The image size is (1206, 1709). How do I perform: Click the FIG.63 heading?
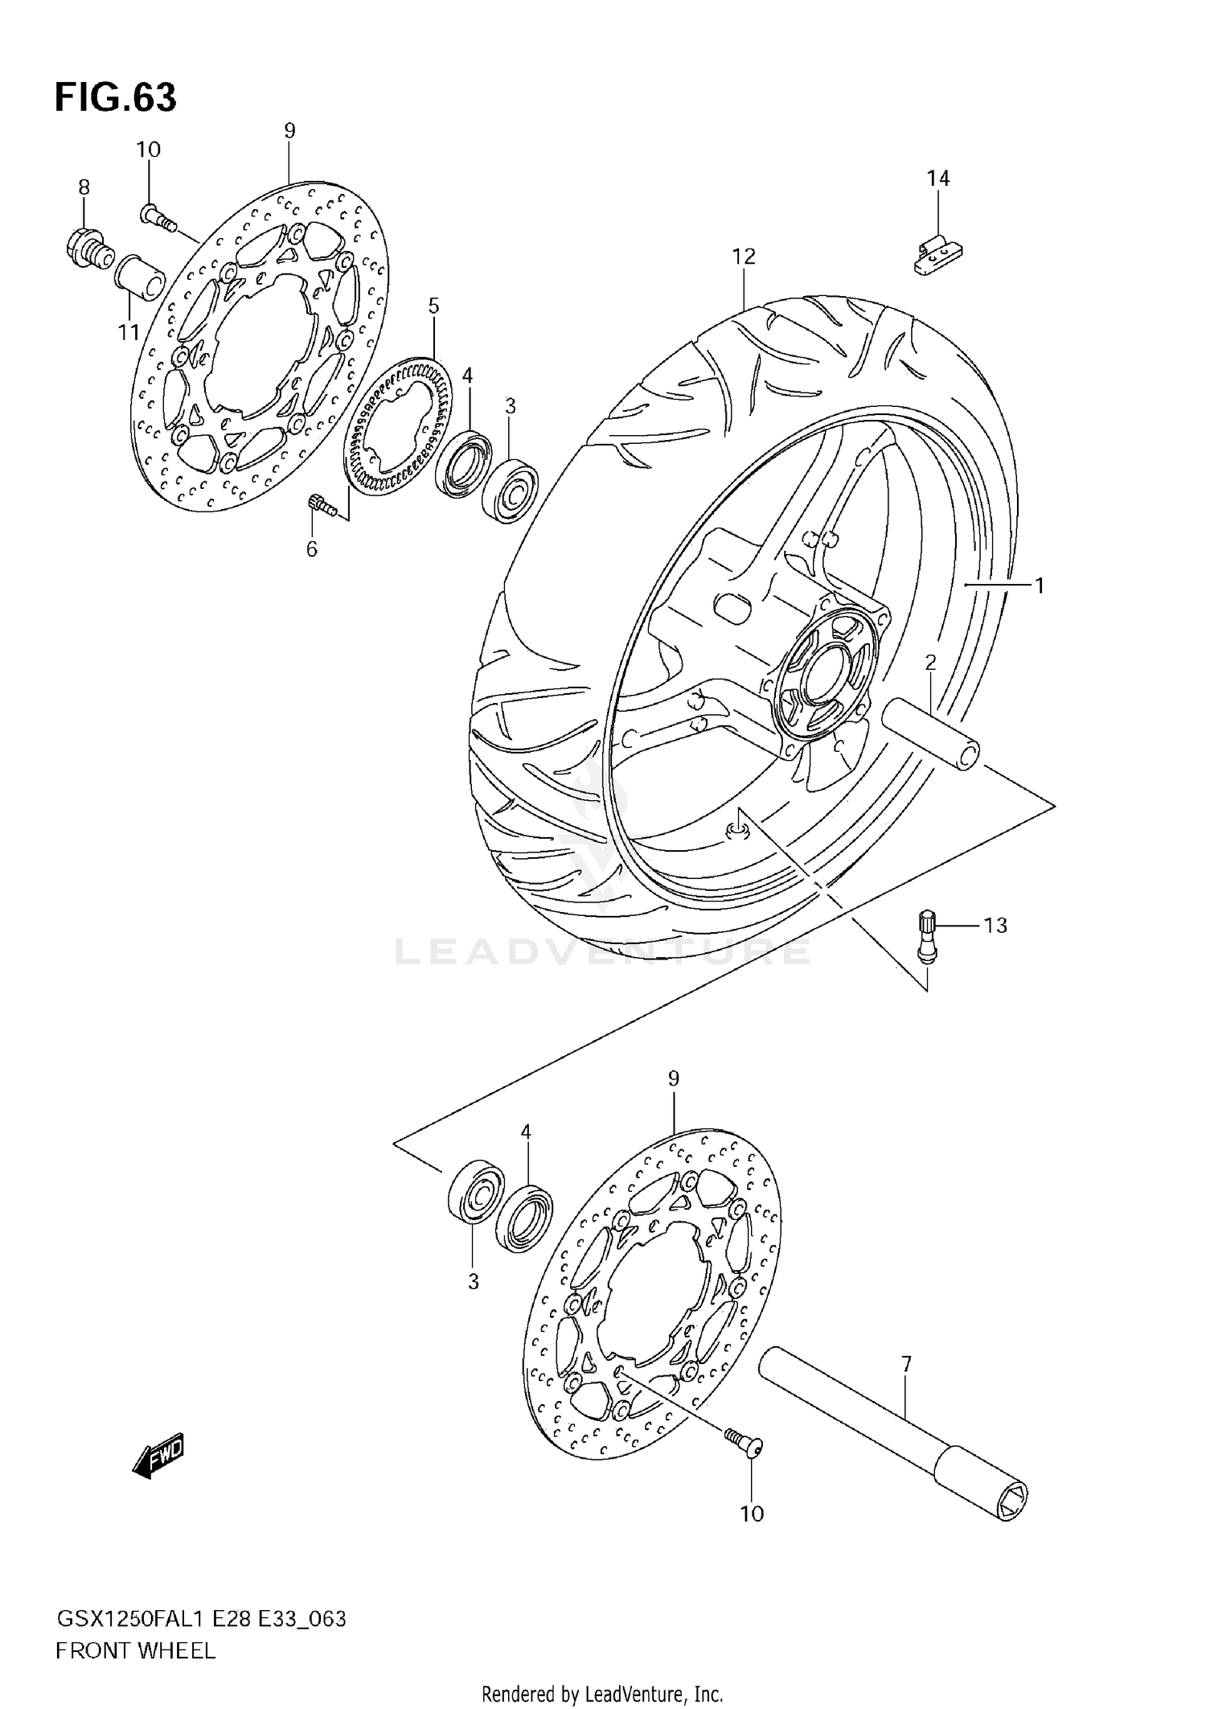115,98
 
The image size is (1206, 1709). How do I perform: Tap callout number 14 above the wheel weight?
938,179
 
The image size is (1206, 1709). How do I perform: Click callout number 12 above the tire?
744,257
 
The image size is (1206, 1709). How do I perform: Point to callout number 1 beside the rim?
1039,586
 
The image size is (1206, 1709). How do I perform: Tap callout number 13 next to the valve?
995,926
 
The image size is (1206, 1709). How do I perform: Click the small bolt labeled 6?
319,504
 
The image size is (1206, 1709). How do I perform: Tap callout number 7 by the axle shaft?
906,1364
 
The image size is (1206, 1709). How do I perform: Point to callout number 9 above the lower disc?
674,1078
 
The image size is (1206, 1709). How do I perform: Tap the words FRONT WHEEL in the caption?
135,1651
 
